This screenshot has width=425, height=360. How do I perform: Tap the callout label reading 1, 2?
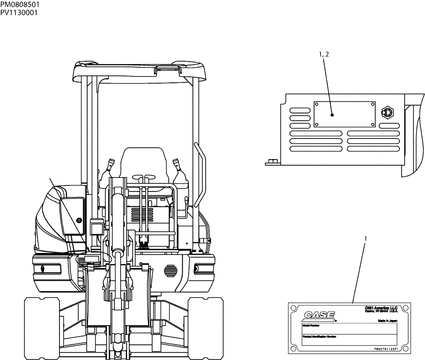click(x=324, y=54)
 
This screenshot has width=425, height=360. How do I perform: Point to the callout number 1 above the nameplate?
click(x=365, y=239)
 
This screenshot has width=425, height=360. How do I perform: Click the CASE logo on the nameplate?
click(x=319, y=315)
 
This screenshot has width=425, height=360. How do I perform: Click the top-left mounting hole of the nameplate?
click(x=292, y=306)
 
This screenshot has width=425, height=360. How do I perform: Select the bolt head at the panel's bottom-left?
click(x=270, y=162)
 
